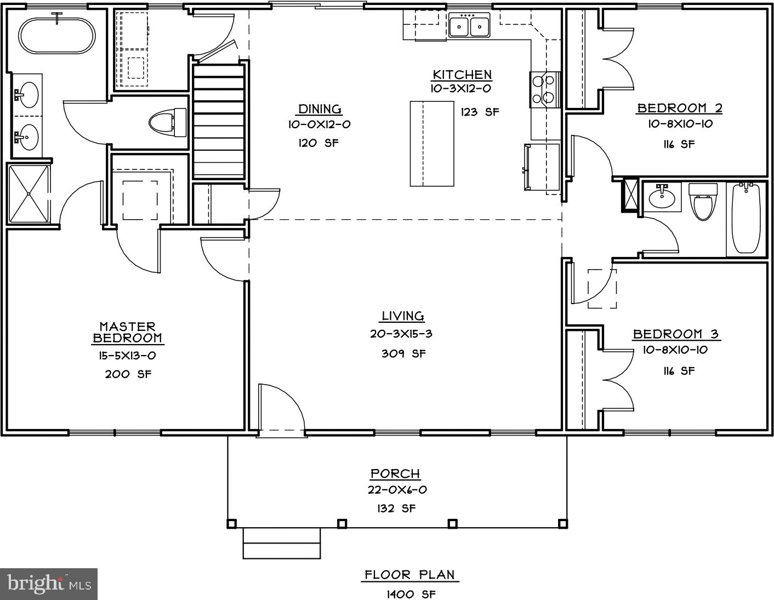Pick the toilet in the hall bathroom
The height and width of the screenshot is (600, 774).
pyautogui.click(x=703, y=201)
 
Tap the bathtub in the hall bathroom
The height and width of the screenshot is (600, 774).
pyautogui.click(x=745, y=218)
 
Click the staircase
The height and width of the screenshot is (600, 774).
pyautogui.click(x=218, y=121)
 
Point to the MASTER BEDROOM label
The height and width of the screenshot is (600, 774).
pyautogui.click(x=127, y=333)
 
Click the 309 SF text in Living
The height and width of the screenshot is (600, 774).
pyautogui.click(x=403, y=353)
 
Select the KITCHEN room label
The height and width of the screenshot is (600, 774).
pyautogui.click(x=462, y=75)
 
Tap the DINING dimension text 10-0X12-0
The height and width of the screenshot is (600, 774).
pyautogui.click(x=320, y=124)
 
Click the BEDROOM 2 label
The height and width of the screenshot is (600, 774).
pyautogui.click(x=679, y=108)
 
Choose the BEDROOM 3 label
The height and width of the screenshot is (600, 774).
pyautogui.click(x=675, y=334)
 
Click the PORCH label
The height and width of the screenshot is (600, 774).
pyautogui.click(x=395, y=473)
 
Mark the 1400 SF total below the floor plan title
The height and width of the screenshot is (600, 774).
pyautogui.click(x=411, y=594)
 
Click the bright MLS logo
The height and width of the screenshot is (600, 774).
pyautogui.click(x=49, y=584)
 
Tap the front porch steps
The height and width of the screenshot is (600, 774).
pyautogui.click(x=281, y=543)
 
